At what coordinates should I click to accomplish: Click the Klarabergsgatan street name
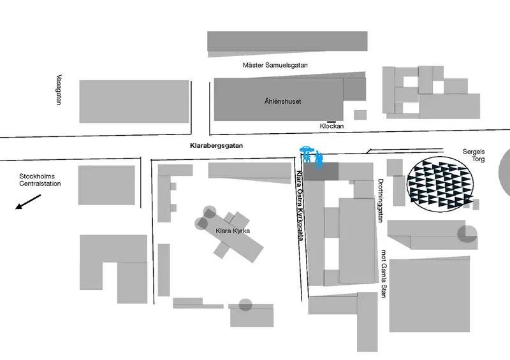pyautogui.click(x=217, y=146)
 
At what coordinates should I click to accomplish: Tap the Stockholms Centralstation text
pyautogui.click(x=39, y=180)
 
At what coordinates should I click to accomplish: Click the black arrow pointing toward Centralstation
pyautogui.click(x=29, y=202)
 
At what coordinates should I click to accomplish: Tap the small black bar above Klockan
pyautogui.click(x=331, y=121)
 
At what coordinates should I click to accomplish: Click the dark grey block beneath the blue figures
pyautogui.click(x=320, y=171)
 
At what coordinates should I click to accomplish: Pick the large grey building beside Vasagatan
pyautogui.click(x=134, y=101)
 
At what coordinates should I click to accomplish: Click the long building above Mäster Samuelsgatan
pyautogui.click(x=288, y=43)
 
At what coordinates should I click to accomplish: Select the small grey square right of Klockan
pyautogui.click(x=360, y=115)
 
